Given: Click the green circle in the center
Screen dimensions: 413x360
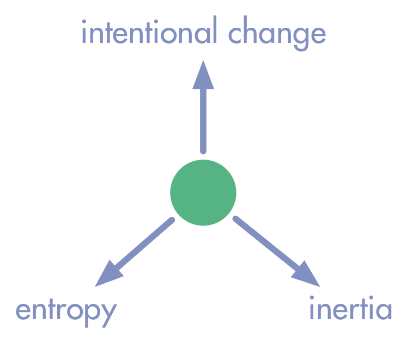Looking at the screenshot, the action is (203, 192).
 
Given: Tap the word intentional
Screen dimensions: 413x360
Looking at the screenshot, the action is (149, 30).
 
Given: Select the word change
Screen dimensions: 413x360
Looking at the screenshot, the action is (277, 33).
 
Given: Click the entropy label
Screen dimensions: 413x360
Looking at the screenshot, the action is (66, 313).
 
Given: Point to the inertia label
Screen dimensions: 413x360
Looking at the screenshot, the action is (351, 308).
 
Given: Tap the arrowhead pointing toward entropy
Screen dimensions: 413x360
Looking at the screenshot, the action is (108, 274).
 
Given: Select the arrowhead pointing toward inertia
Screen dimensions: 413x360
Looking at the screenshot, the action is (307, 274).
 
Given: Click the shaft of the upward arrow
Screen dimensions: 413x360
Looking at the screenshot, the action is (203, 120).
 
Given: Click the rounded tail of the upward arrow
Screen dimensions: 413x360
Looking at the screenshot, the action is (203, 151).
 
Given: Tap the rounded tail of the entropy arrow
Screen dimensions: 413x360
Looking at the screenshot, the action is (172, 220).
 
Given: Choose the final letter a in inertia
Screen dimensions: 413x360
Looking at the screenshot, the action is (384, 310).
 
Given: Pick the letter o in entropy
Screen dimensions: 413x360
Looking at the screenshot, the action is (75, 311).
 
